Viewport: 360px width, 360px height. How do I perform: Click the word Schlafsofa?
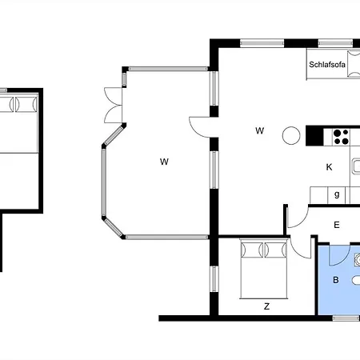pos(327,65)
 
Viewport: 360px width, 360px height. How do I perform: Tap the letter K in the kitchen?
pos(329,167)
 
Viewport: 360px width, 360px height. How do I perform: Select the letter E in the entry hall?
pos(337,225)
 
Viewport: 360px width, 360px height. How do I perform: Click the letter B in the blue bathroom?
pos(336,280)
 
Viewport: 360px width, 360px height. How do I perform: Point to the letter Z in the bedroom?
pos(266,306)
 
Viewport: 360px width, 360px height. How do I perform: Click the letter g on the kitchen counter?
pos(337,194)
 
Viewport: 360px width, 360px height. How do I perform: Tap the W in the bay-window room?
pos(164,162)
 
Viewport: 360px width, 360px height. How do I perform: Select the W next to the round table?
pos(260,130)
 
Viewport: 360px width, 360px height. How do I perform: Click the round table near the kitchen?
pos(291,135)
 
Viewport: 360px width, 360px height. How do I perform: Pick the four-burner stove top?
pos(341,137)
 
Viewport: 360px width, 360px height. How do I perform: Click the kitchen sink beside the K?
pos(356,166)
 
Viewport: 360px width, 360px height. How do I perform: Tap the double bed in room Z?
pos(264,269)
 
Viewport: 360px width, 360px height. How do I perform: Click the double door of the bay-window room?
pos(114,105)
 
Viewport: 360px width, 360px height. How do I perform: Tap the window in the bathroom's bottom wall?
pos(346,318)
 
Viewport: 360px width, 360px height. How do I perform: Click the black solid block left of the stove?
pos(314,136)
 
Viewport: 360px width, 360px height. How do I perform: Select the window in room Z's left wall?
pos(214,279)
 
